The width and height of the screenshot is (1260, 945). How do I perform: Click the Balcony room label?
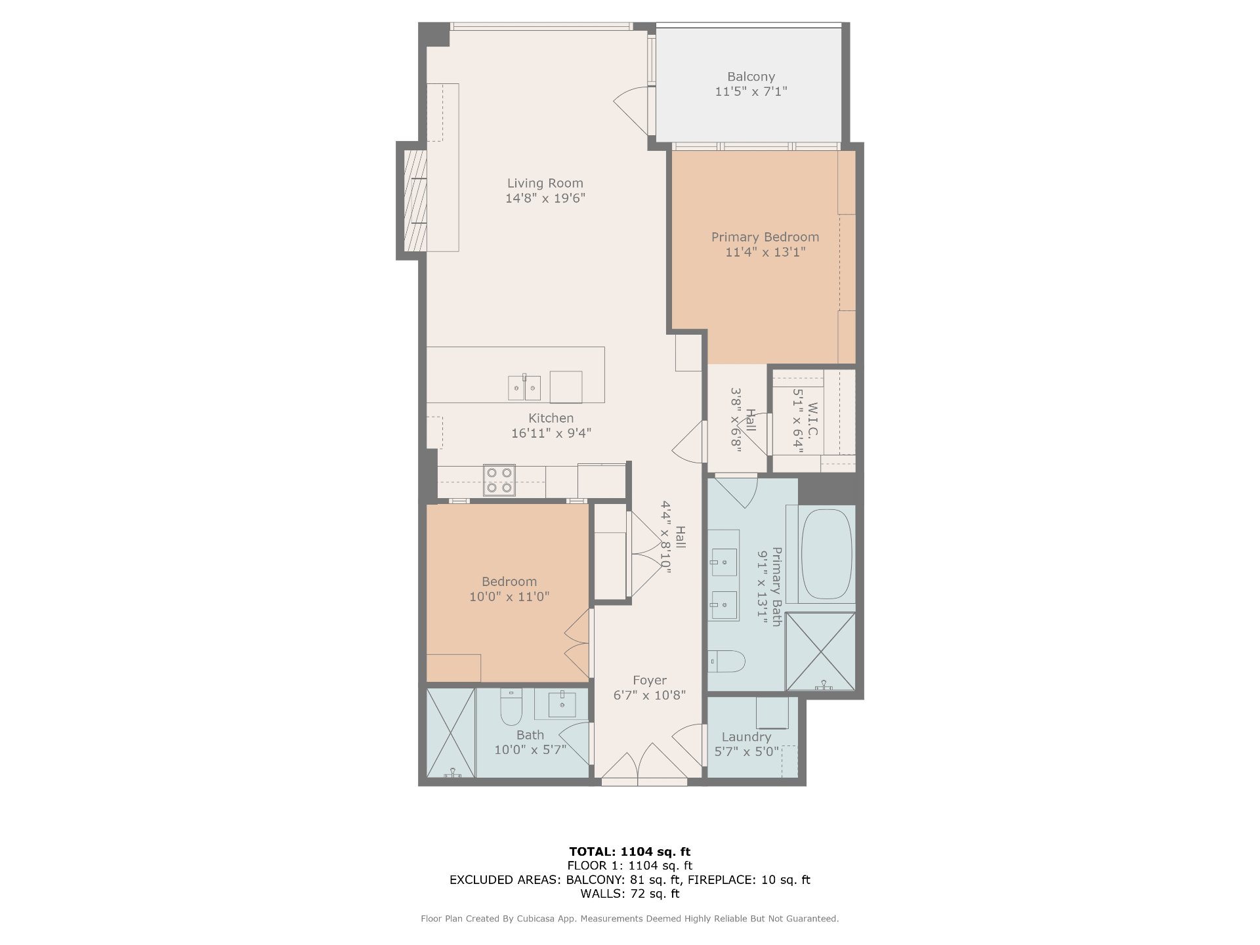point(751,77)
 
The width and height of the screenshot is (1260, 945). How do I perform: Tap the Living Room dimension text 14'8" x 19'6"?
point(545,198)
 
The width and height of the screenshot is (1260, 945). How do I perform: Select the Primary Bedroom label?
point(765,237)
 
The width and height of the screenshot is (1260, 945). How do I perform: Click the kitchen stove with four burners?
point(499,480)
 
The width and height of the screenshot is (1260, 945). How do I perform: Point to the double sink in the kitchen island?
point(524,388)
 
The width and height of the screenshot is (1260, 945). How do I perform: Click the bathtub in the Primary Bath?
point(826,554)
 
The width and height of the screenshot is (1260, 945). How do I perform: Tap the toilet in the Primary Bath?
point(727,661)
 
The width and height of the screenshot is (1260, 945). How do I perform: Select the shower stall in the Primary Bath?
point(820,651)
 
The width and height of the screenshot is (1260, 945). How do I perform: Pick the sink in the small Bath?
point(562,705)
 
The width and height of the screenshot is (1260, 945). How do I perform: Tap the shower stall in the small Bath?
point(451,732)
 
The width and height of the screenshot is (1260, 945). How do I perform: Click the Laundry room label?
point(746,737)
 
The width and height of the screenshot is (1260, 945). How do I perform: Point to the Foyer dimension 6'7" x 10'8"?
point(650,695)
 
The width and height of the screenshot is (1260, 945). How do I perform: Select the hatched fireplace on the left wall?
point(415,201)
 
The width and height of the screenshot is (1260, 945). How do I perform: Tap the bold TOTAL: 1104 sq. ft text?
point(630,852)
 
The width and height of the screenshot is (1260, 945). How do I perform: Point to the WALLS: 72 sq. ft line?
point(630,894)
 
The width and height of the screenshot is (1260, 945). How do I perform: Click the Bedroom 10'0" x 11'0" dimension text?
point(509,597)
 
